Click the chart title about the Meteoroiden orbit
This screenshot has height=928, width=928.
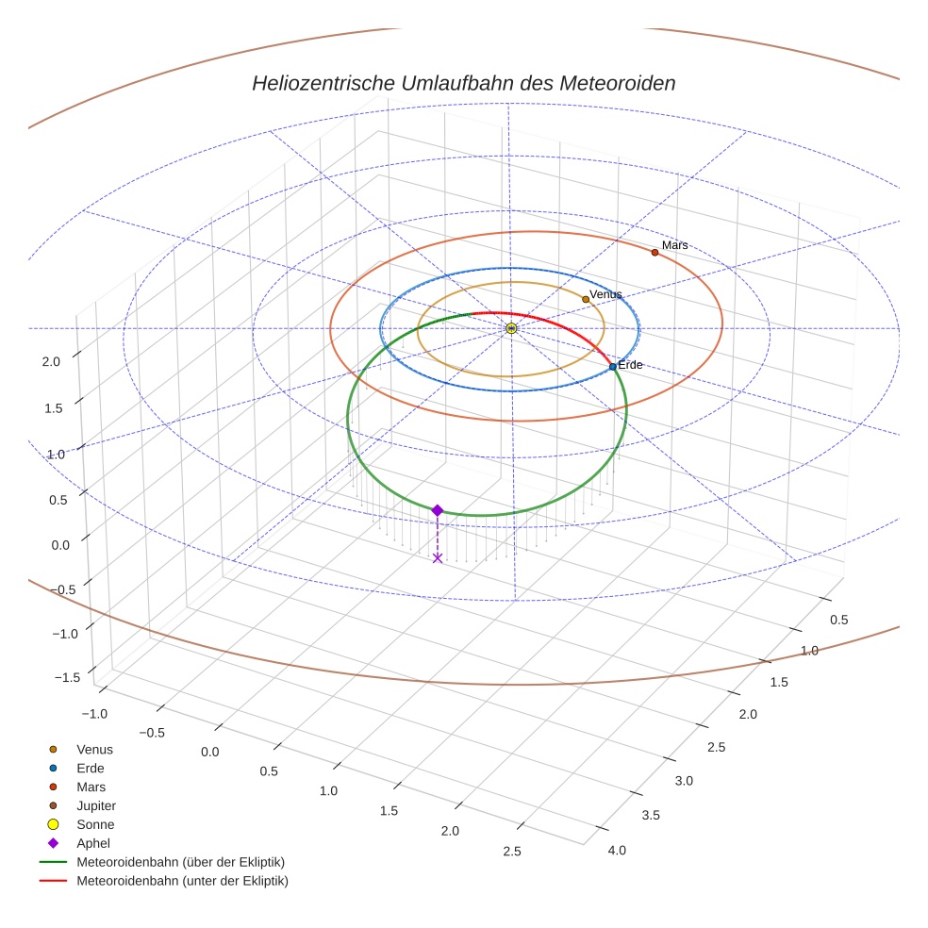[x=463, y=83]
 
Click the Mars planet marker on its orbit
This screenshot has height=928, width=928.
[x=655, y=252]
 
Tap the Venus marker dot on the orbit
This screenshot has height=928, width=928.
[x=586, y=299]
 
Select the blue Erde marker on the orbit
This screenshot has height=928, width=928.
[x=613, y=366]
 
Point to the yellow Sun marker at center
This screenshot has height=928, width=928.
[x=511, y=328]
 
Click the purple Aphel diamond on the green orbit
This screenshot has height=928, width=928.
[x=437, y=510]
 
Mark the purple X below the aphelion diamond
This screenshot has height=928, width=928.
[x=437, y=558]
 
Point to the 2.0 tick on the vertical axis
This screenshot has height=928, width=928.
[x=51, y=361]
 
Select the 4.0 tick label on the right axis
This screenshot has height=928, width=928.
[x=618, y=851]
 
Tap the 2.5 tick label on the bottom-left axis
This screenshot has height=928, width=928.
[x=512, y=852]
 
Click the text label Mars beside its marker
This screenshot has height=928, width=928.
[x=674, y=245]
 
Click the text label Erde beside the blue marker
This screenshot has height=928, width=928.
[x=630, y=365]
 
